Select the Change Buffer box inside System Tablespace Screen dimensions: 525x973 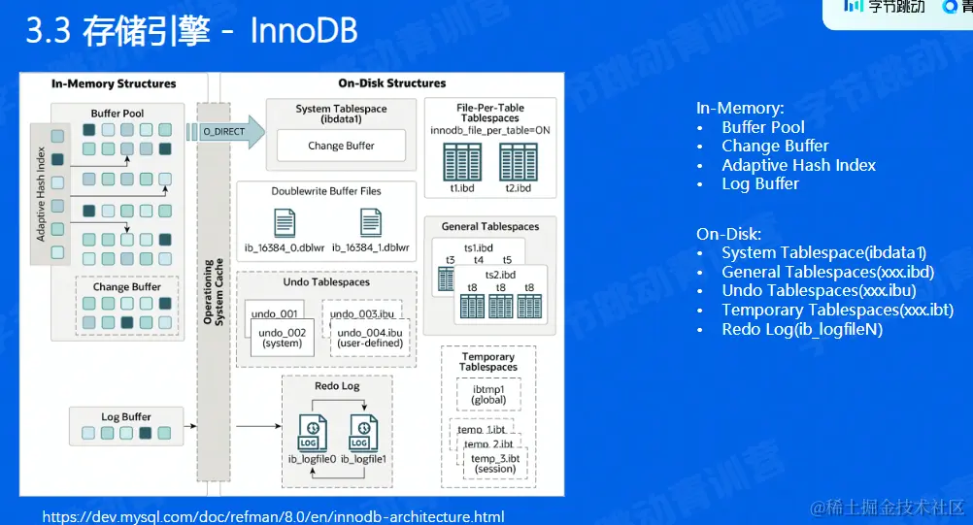point(341,146)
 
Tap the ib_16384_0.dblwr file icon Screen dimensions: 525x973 point(285,223)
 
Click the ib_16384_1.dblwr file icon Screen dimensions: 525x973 point(371,223)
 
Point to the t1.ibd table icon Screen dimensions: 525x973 point(461,161)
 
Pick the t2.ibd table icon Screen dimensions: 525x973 point(518,161)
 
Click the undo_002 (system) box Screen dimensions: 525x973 point(282,338)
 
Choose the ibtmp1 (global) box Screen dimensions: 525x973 point(488,394)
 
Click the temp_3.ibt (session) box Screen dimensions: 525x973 point(494,463)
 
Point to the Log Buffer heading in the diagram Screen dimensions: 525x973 point(126,417)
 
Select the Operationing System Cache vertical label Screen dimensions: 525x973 point(211,291)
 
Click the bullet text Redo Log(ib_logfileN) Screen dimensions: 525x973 point(802,329)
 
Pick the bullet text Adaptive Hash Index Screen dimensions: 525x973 point(798,165)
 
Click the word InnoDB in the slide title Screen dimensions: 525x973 point(304,31)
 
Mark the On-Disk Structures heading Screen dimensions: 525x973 point(391,83)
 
